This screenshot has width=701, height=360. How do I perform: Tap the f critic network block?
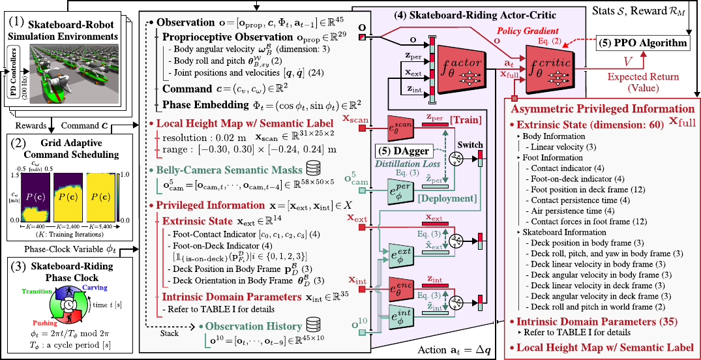pos(555,73)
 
